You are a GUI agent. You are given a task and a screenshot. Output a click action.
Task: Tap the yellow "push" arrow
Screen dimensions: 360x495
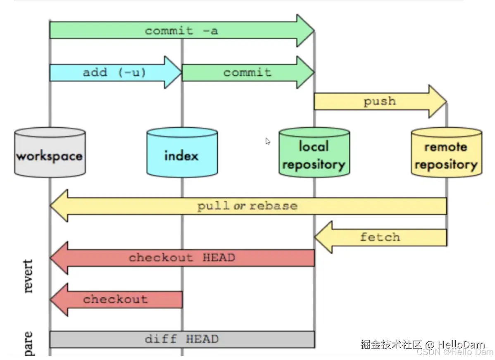click(379, 101)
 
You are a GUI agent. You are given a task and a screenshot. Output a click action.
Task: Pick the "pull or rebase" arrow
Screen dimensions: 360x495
click(248, 206)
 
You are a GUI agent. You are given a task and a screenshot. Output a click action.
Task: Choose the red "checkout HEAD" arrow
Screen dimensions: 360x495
click(182, 258)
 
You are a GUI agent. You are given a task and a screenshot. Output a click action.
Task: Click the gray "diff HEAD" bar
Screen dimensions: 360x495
click(182, 339)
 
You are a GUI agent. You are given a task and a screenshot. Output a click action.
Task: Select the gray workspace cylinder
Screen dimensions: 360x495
click(50, 153)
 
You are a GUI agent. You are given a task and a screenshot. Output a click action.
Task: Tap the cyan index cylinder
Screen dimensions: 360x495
click(182, 153)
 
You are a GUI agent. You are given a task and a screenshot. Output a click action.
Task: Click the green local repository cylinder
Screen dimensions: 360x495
click(314, 153)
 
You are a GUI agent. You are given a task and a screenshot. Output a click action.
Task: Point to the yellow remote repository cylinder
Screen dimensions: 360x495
click(446, 153)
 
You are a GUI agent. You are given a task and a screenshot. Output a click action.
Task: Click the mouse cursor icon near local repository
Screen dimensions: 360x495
click(268, 141)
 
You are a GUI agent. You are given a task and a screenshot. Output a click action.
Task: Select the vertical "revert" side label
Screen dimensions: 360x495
click(28, 276)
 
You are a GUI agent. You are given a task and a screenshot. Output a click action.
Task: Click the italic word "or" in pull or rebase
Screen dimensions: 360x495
click(239, 206)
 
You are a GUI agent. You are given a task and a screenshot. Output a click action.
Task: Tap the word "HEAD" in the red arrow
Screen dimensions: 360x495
click(219, 258)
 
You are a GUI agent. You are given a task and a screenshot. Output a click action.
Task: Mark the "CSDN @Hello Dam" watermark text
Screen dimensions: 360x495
click(455, 352)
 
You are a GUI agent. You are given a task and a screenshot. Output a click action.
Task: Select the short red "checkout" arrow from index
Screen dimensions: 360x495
click(116, 299)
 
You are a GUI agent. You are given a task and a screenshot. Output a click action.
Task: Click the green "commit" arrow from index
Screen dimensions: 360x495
click(247, 72)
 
